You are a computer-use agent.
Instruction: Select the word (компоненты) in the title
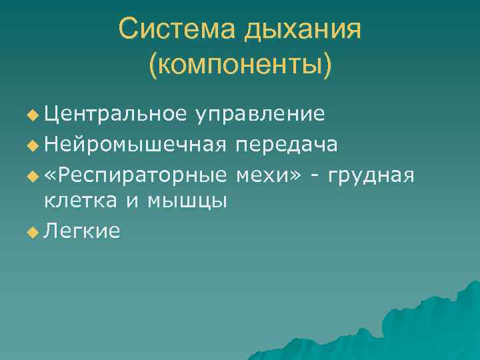[x=240, y=65]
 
